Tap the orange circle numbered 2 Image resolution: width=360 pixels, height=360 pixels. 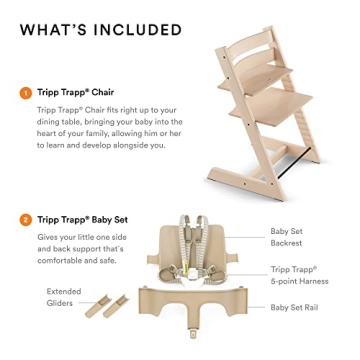pos(23,217)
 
